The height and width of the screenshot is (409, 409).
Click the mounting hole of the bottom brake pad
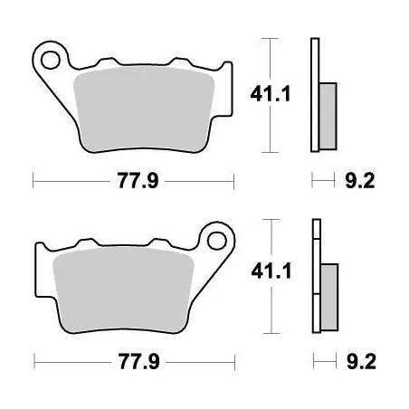click(x=217, y=241)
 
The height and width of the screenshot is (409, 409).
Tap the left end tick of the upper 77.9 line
click(x=33, y=181)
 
